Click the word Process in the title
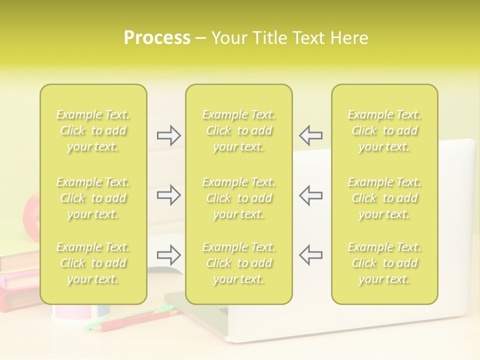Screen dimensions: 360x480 (157, 38)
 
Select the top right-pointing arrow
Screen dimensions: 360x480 (168, 135)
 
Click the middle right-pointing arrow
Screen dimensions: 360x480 (168, 195)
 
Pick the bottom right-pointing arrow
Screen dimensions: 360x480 (168, 255)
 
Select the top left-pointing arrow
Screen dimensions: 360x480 (310, 135)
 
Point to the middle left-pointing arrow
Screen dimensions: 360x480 (310, 195)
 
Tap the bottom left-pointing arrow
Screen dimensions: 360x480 (310, 255)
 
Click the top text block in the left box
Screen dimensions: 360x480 (93, 130)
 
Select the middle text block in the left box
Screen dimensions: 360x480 (93, 198)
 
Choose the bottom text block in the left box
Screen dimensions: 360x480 (93, 263)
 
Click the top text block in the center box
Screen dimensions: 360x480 (239, 130)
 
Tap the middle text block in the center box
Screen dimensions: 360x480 (239, 198)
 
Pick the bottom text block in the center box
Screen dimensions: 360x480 (239, 263)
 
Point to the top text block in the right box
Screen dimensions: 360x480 (384, 130)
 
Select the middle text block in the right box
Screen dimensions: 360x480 (384, 198)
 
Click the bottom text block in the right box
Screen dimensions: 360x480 (384, 263)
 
